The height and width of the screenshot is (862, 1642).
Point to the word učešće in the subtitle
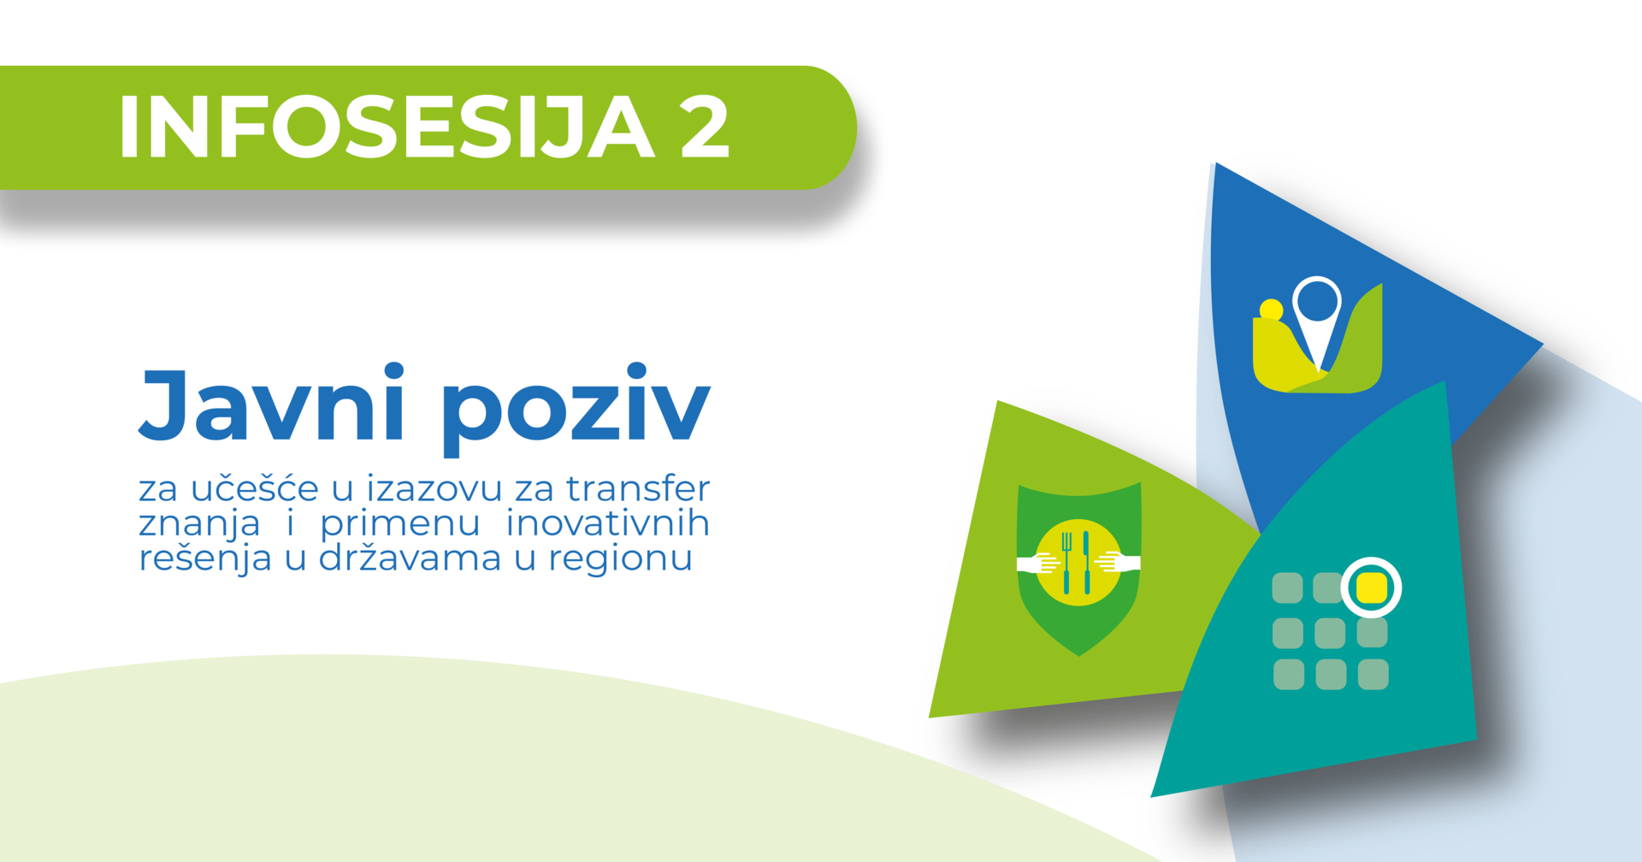point(255,487)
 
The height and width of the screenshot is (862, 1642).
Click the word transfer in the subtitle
point(638,488)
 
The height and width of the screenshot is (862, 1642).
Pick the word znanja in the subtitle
point(199,524)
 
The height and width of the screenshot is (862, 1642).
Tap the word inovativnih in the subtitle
point(608,523)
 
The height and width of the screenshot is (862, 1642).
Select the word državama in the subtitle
point(410,558)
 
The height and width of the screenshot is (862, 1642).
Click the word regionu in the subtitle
point(620,559)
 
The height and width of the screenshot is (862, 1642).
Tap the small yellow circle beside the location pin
point(1272,309)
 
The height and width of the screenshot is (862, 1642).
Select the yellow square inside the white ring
point(1371,587)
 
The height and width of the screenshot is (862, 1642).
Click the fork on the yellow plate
point(1066,563)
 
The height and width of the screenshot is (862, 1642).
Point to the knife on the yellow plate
point(1086,563)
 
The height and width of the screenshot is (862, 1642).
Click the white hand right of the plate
point(1119,563)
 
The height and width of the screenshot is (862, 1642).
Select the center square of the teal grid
point(1330,634)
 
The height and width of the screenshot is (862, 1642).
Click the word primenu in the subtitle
point(400,524)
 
